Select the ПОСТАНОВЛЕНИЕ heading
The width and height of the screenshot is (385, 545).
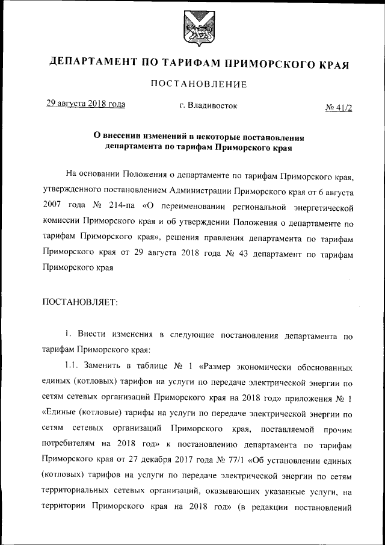pos(199,85)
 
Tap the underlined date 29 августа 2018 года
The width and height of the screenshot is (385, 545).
pos(86,104)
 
